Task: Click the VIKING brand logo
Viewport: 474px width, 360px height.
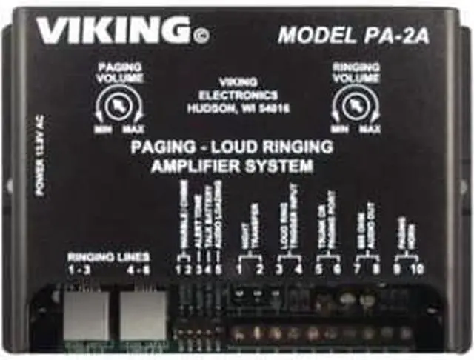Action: point(112,31)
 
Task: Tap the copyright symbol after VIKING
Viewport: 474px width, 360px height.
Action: point(201,33)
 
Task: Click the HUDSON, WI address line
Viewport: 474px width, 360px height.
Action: point(238,107)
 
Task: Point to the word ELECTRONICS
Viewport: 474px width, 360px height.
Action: point(238,95)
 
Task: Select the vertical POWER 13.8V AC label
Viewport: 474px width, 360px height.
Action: point(39,153)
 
